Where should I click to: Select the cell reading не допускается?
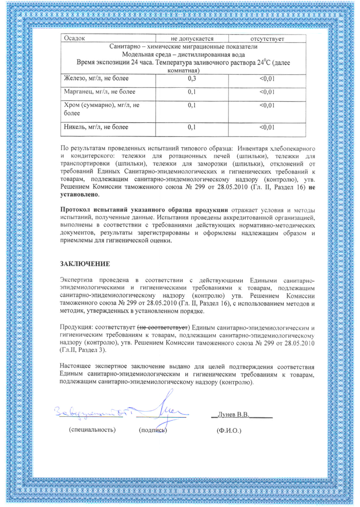coord(193,38)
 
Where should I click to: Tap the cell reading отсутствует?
coord(265,38)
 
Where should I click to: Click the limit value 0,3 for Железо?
coord(193,78)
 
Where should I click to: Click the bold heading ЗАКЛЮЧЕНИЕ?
coord(84,264)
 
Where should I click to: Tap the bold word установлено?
coord(79,196)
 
